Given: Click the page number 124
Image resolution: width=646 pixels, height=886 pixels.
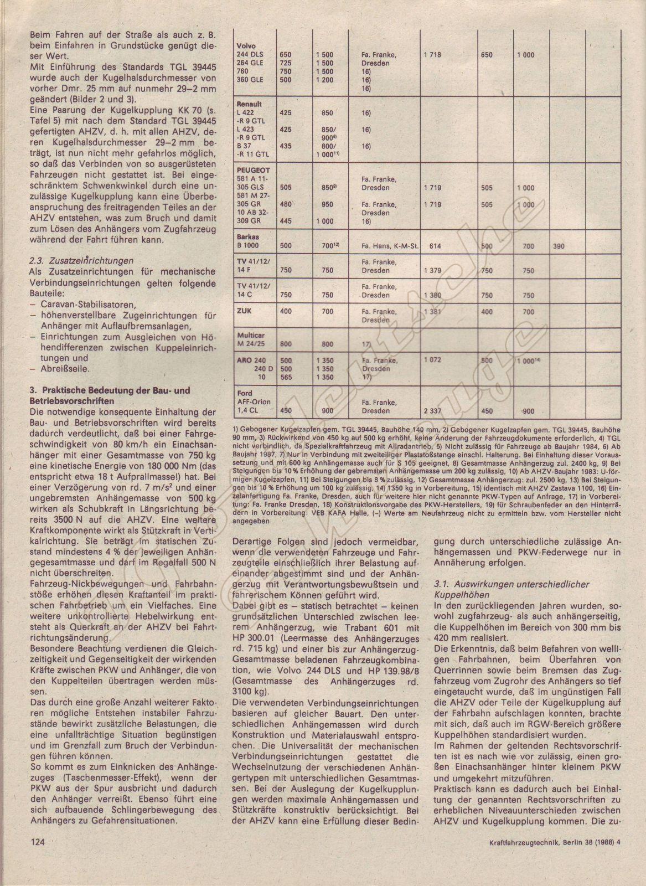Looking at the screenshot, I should click(x=37, y=858).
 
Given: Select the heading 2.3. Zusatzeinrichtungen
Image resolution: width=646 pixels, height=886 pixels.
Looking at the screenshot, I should click(x=82, y=260).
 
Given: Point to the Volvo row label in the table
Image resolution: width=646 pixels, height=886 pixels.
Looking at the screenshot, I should click(x=245, y=46).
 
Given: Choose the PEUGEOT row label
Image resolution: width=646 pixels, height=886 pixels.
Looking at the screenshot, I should click(x=252, y=171).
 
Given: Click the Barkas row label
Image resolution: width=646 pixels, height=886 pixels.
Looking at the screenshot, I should click(x=247, y=236).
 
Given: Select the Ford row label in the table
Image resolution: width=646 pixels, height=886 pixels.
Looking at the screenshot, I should click(x=244, y=393).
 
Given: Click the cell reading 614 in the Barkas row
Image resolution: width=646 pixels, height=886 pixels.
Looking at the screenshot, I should click(x=435, y=246).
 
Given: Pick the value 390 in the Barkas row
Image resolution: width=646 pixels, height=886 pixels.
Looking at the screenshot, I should click(x=559, y=246).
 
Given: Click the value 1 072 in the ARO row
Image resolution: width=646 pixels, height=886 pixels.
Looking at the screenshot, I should click(x=432, y=360).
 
